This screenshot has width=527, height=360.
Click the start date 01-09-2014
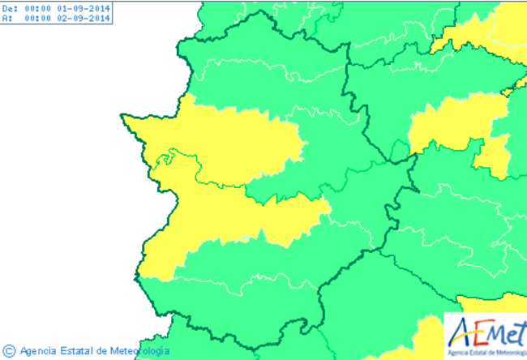[85, 7]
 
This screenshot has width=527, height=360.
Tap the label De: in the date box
[9, 7]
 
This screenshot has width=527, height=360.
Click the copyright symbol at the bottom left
[8, 351]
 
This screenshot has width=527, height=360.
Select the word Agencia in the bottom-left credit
[37, 351]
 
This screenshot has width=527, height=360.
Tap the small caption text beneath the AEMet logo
[484, 352]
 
